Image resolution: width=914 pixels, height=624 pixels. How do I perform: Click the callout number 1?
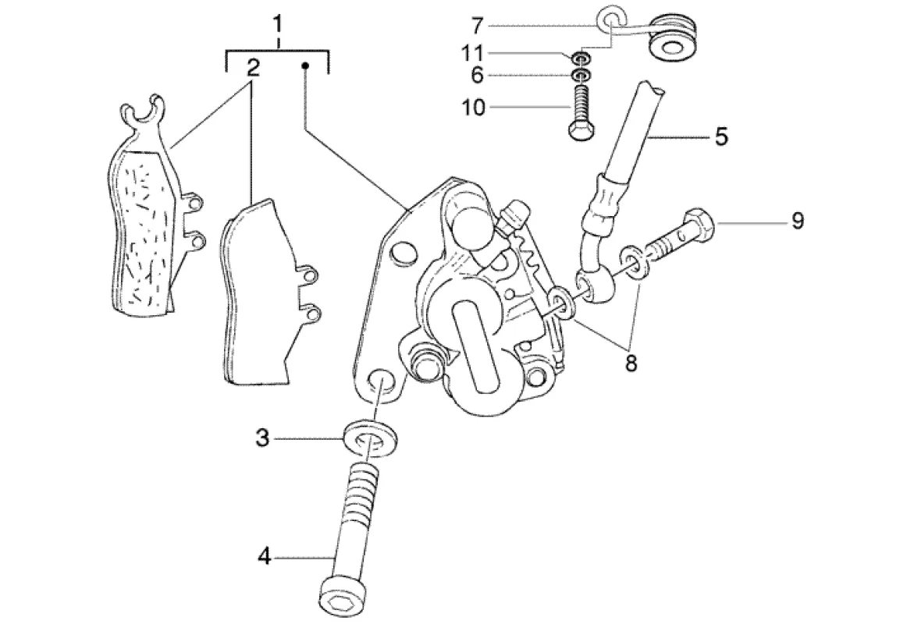[x=277, y=24]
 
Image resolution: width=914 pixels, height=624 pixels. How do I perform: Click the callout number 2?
[x=252, y=68]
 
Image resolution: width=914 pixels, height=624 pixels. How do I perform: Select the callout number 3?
[x=263, y=438]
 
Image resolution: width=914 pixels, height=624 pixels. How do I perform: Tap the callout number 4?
[x=264, y=557]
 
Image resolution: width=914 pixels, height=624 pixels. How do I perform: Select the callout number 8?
[x=631, y=362]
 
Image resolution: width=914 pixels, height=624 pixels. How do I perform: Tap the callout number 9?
[x=796, y=222]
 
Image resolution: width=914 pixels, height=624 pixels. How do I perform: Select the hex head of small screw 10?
[x=580, y=130]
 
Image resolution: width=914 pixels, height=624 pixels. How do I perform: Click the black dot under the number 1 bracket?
[x=307, y=67]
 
